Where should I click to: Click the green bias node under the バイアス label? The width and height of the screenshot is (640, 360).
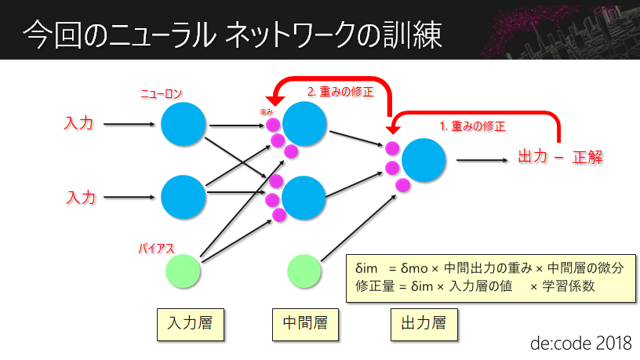(183, 271)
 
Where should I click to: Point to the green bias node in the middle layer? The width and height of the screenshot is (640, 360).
(304, 271)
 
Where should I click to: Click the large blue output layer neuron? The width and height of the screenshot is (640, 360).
(424, 160)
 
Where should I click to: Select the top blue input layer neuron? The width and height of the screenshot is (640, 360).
(183, 124)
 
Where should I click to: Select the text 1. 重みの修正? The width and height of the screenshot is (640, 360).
(471, 125)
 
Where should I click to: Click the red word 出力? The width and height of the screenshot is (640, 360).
(533, 157)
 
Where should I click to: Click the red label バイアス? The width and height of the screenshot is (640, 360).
(155, 249)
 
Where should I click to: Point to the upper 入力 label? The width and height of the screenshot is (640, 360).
(79, 124)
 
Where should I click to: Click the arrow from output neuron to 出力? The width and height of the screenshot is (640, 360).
(482, 160)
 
